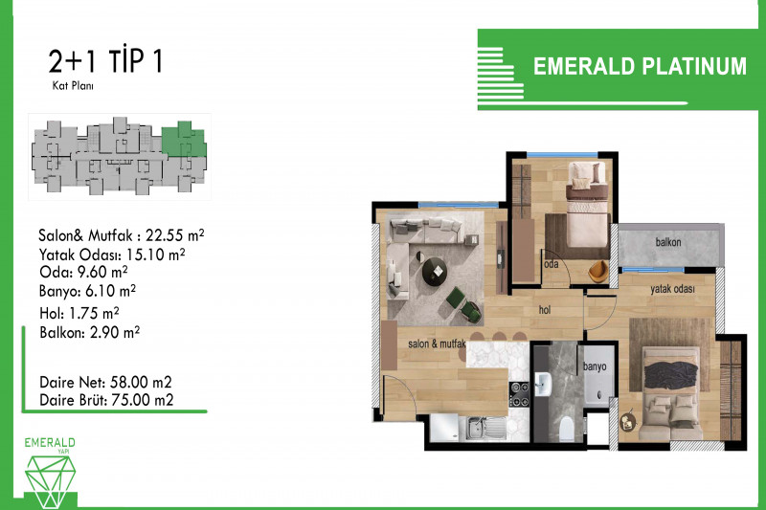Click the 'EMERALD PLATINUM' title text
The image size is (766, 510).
(x=640, y=66)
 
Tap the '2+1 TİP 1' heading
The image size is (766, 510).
(x=105, y=60)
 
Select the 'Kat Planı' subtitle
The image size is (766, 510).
(x=73, y=86)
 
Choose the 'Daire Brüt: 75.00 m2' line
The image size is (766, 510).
(x=106, y=400)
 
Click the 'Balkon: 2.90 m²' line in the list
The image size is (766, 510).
(x=90, y=332)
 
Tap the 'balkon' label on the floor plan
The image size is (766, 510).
(x=667, y=242)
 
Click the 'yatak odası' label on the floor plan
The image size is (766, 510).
(x=672, y=289)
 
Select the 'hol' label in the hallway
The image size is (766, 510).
(x=545, y=309)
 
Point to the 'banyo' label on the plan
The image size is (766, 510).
(x=595, y=366)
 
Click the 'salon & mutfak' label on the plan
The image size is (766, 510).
(x=437, y=344)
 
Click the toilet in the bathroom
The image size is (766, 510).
(x=566, y=429)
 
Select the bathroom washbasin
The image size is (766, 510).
(x=542, y=384)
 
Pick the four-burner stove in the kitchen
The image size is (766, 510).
(x=519, y=394)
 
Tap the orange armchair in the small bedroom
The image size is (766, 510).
(x=598, y=272)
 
